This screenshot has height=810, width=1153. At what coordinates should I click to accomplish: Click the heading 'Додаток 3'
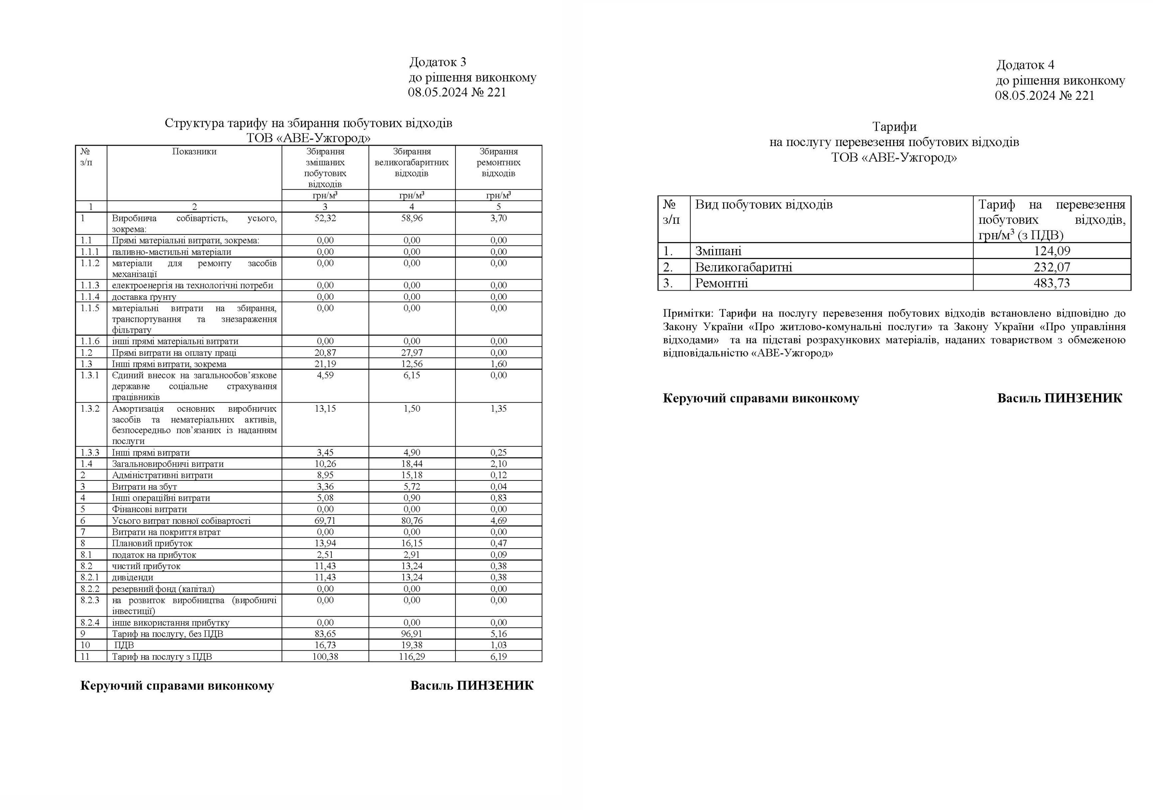click(x=437, y=62)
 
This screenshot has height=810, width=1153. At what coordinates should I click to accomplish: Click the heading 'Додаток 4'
click(x=1025, y=65)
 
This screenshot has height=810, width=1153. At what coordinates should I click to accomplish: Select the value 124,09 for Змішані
click(x=1052, y=251)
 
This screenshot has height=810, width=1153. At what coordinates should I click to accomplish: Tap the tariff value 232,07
click(x=1052, y=267)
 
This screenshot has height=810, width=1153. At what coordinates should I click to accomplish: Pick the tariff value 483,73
click(x=1052, y=283)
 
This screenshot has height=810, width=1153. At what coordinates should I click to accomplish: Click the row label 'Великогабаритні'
click(x=743, y=267)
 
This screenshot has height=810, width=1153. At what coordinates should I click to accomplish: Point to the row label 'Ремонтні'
click(x=721, y=283)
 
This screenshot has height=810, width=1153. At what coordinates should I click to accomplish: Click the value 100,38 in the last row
click(x=325, y=656)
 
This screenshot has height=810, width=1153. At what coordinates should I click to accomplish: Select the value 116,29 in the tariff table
click(x=412, y=656)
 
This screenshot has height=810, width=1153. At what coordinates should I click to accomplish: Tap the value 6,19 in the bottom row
click(x=499, y=656)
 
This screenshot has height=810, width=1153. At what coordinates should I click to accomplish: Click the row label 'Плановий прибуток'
click(x=152, y=543)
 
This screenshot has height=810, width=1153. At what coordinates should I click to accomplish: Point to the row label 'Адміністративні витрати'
click(x=162, y=475)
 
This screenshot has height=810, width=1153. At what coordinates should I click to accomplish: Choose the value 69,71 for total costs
click(x=325, y=520)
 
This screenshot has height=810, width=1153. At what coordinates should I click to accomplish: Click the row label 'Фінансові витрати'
click(x=149, y=509)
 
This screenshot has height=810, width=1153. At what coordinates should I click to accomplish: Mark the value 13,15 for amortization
click(x=325, y=409)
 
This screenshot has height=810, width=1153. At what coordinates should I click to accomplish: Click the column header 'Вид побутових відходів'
click(x=763, y=205)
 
